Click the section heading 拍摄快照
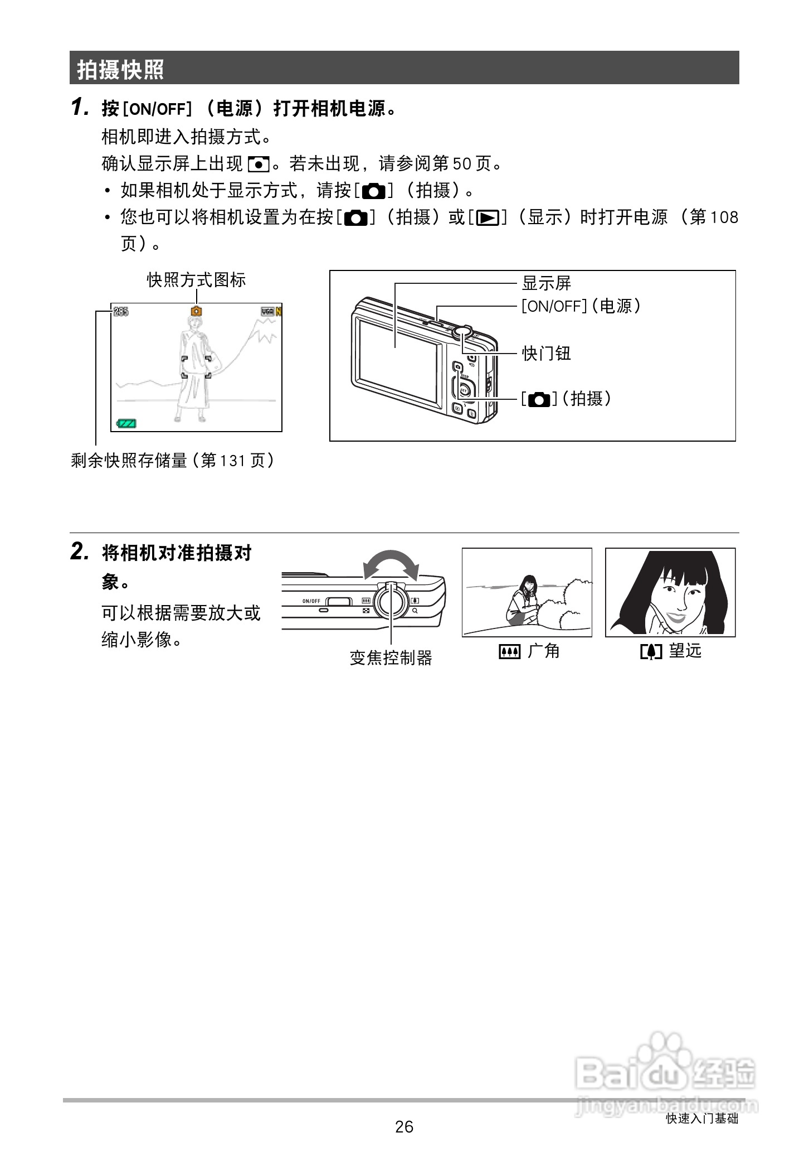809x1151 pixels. click(x=120, y=70)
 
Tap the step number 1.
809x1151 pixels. click(x=80, y=107)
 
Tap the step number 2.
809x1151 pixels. click(x=80, y=552)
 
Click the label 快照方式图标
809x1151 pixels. click(x=196, y=280)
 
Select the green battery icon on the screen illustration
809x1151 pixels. click(x=126, y=424)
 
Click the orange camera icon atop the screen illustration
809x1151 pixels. click(x=196, y=312)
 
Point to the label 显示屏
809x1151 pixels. click(x=545, y=283)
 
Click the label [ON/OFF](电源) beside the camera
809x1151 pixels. click(x=580, y=306)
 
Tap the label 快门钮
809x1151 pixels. click(x=545, y=353)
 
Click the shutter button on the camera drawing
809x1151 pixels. click(x=461, y=331)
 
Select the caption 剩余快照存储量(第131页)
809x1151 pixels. click(x=173, y=461)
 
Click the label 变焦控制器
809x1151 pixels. click(x=391, y=659)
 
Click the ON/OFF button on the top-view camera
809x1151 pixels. click(x=339, y=601)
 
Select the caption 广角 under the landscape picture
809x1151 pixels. click(x=543, y=651)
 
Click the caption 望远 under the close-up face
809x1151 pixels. click(x=685, y=651)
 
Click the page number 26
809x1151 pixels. click(x=404, y=1127)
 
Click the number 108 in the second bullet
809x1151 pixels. click(x=725, y=217)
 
